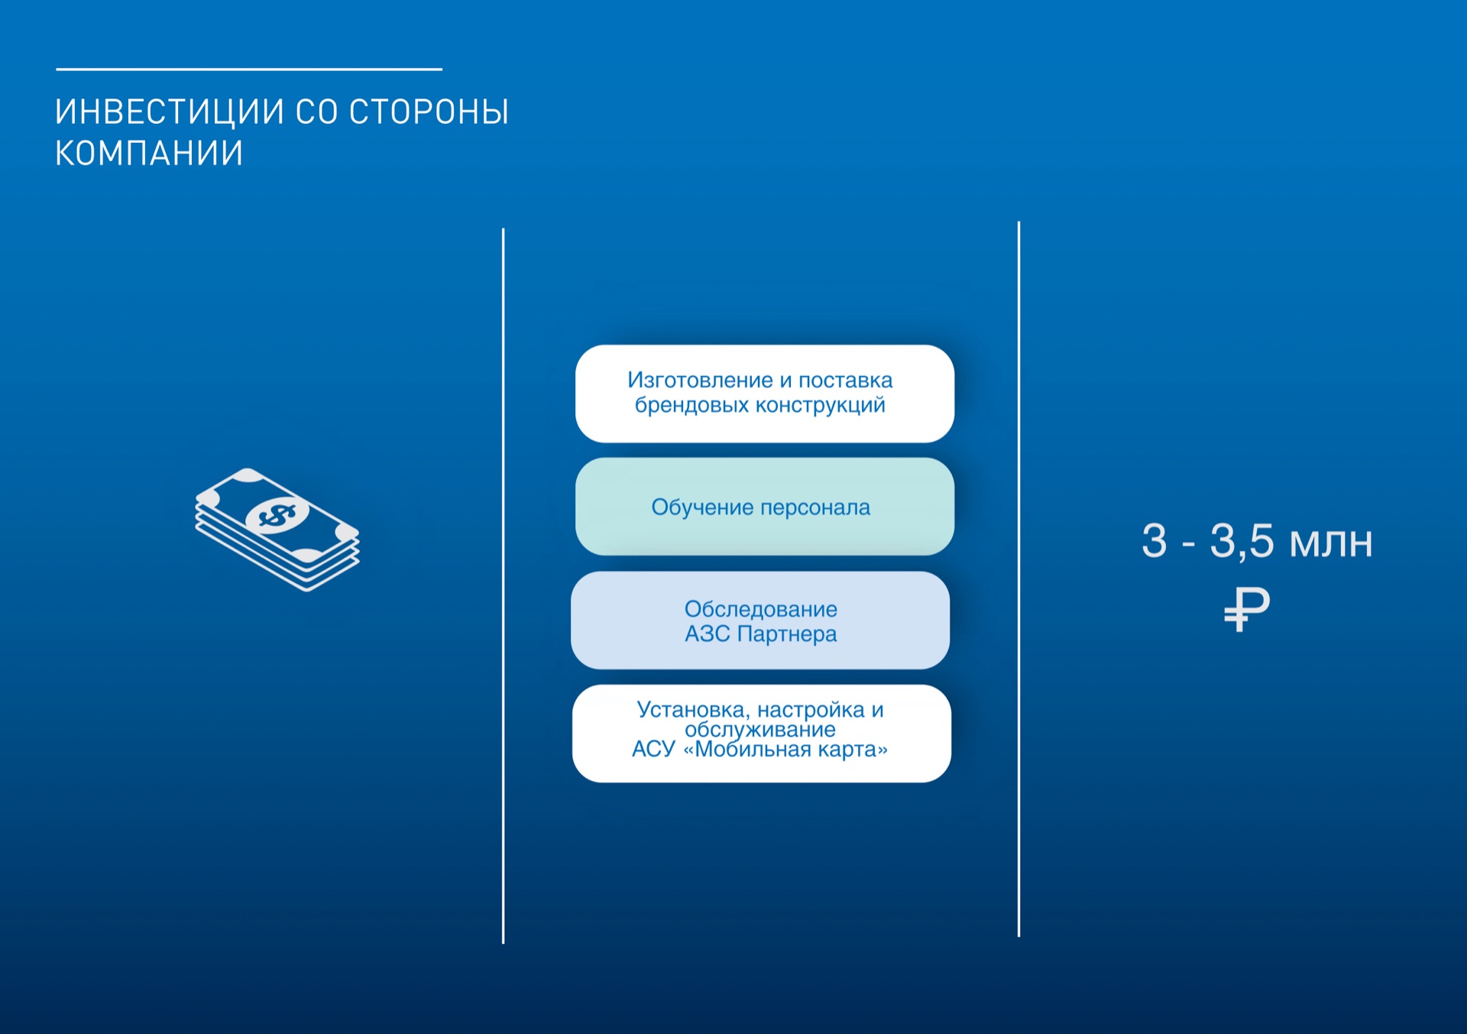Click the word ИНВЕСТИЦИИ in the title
pos(169,112)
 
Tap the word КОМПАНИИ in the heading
pos(149,153)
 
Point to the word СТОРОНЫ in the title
pos(429,112)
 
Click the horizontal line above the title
pos(249,70)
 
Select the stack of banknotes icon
pos(277,529)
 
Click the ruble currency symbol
pos(1246,609)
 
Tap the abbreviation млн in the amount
pos(1331,543)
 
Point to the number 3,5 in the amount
pos(1242,542)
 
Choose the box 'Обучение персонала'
pos(765,507)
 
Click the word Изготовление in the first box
pos(700,380)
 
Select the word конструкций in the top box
pos(821,405)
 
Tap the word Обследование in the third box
pos(761,609)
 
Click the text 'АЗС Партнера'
pos(761,634)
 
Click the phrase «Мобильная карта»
pos(785,749)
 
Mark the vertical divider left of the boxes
pos(503,585)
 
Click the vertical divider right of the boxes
pos(1018,579)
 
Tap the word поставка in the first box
pos(846,380)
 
